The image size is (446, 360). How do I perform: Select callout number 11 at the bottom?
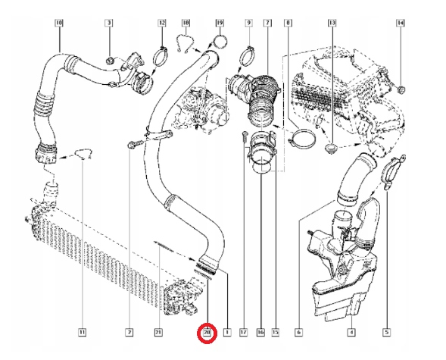pyautogui.click(x=83, y=332)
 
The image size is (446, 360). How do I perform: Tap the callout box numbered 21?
pyautogui.click(x=158, y=332)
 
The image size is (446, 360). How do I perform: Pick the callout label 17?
pyautogui.click(x=243, y=332)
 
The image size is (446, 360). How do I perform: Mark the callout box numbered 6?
pyautogui.click(x=299, y=332)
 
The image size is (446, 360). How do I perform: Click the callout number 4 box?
pyautogui.click(x=351, y=332)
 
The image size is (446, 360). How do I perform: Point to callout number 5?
pyautogui.click(x=387, y=332)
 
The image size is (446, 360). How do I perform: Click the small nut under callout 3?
pyautogui.click(x=109, y=58)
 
